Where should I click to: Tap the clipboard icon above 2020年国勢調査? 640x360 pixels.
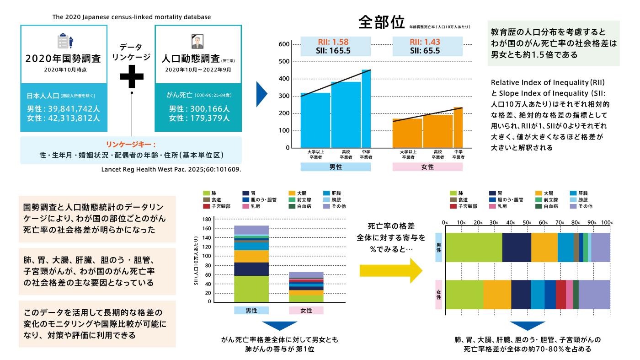[x=64, y=41]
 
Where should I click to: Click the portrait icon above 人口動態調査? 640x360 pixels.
[x=197, y=41]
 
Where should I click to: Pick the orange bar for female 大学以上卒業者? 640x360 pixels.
[x=407, y=133]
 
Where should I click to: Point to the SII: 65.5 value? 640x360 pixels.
[x=425, y=51]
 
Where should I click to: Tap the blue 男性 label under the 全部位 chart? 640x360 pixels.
[x=336, y=167]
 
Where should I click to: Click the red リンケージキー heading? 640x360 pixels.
[x=131, y=144]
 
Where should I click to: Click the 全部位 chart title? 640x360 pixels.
[x=382, y=23]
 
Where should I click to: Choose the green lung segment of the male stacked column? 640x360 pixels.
[x=251, y=289]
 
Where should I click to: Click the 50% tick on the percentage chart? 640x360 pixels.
[x=527, y=222]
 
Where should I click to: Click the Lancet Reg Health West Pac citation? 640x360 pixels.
[x=170, y=169]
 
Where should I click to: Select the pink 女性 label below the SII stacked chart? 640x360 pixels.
[x=306, y=310]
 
